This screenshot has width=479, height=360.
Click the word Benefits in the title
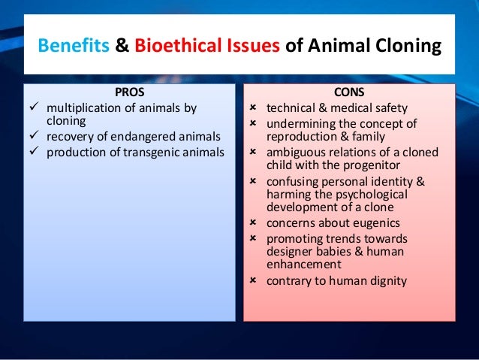74,47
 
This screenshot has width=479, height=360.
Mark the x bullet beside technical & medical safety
253,108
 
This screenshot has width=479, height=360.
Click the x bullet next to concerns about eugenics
253,223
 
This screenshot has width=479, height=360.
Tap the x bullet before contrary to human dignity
253,281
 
